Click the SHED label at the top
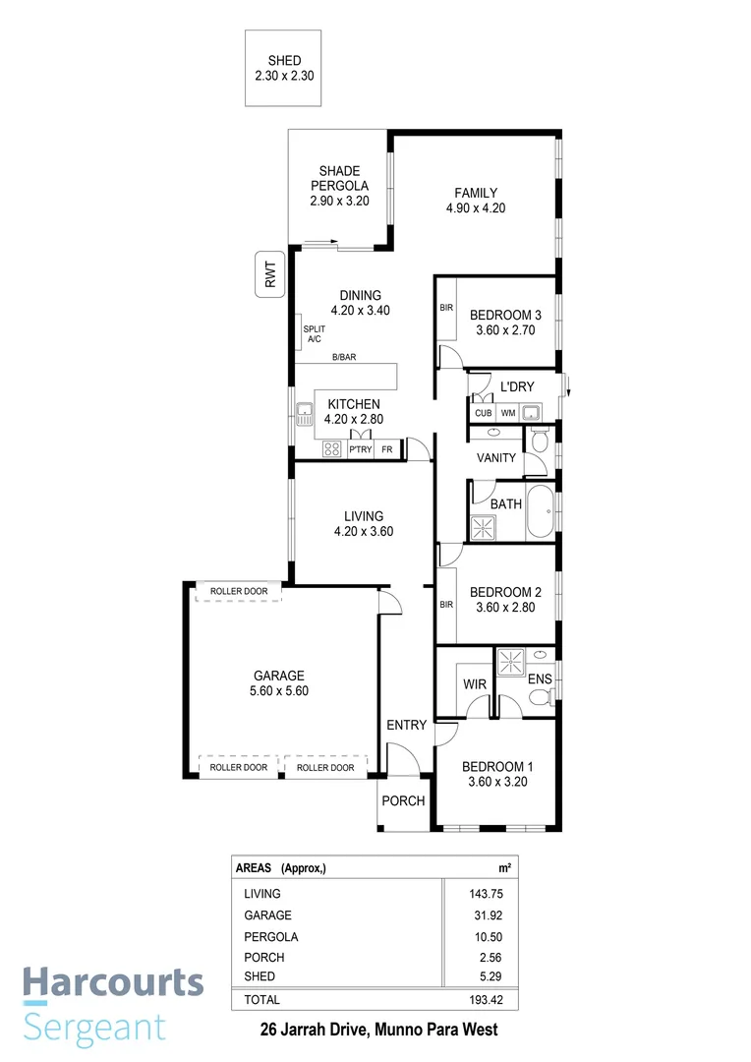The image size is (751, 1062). [284, 61]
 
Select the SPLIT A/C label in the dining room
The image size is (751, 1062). [314, 333]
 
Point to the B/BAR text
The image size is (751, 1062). [344, 357]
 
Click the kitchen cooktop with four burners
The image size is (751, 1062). [332, 448]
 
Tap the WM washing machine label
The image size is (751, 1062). [508, 413]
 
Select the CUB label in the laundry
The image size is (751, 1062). [483, 413]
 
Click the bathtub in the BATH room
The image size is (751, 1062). [541, 512]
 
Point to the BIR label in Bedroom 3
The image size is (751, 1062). [446, 308]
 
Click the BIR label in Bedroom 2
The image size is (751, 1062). [446, 605]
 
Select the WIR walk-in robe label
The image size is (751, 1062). [476, 683]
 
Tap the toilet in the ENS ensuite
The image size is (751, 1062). [538, 698]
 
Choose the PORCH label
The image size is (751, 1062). [403, 800]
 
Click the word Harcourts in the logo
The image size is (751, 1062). [113, 982]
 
